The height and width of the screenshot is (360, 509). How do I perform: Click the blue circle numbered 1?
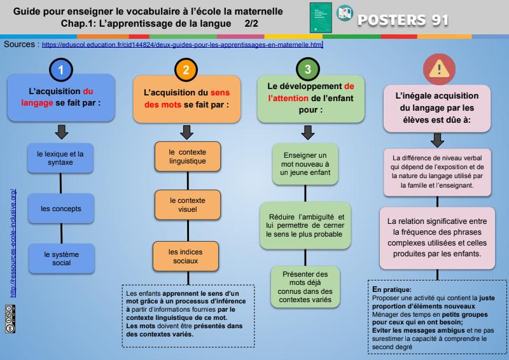[60, 69]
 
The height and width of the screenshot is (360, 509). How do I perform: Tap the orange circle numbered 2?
[186, 69]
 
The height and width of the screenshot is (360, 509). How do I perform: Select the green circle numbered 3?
[308, 69]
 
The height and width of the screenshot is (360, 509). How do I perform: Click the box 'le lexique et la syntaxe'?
[60, 158]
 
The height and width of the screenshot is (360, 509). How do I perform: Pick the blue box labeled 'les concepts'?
[60, 209]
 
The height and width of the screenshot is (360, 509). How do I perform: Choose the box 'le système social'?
[61, 258]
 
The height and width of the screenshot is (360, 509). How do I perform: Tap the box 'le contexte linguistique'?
[187, 156]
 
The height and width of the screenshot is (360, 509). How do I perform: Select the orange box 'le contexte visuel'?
[187, 205]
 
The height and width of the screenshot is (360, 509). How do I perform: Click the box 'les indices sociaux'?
[187, 256]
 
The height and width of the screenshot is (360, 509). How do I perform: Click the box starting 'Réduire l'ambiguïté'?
[305, 226]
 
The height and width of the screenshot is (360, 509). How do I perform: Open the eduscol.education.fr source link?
[183, 45]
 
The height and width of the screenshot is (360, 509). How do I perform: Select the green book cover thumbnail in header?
[321, 18]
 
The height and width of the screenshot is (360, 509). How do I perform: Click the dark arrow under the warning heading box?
[437, 140]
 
